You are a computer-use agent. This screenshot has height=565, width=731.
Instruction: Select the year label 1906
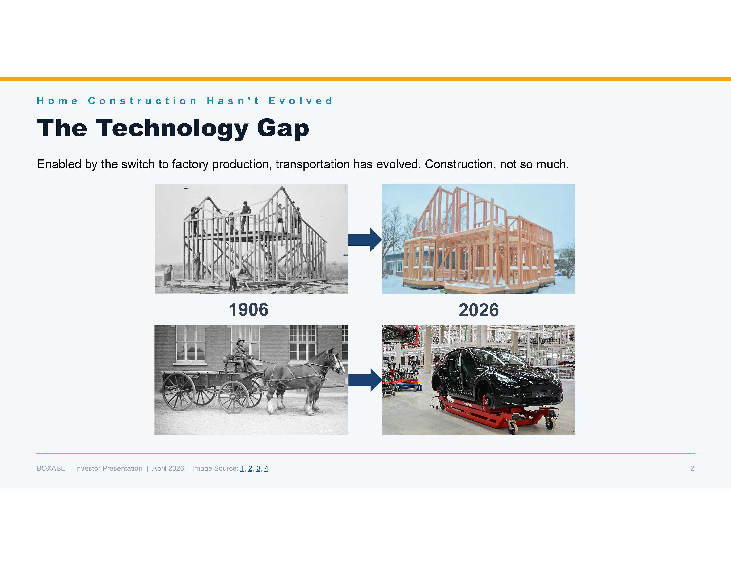(248, 310)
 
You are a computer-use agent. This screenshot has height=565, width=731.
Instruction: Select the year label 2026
(478, 310)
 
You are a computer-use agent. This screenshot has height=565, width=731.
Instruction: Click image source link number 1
(242, 468)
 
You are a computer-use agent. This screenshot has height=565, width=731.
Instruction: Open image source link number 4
(266, 468)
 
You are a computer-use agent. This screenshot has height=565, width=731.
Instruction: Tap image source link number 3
(258, 468)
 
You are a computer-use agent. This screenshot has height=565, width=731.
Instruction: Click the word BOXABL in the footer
(51, 468)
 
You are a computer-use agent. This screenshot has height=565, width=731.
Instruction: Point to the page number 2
(692, 468)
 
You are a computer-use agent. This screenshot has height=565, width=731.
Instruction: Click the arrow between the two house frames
(365, 240)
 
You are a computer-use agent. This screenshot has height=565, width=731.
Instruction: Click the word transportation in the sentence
(313, 164)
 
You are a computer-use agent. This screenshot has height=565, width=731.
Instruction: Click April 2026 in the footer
(168, 468)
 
